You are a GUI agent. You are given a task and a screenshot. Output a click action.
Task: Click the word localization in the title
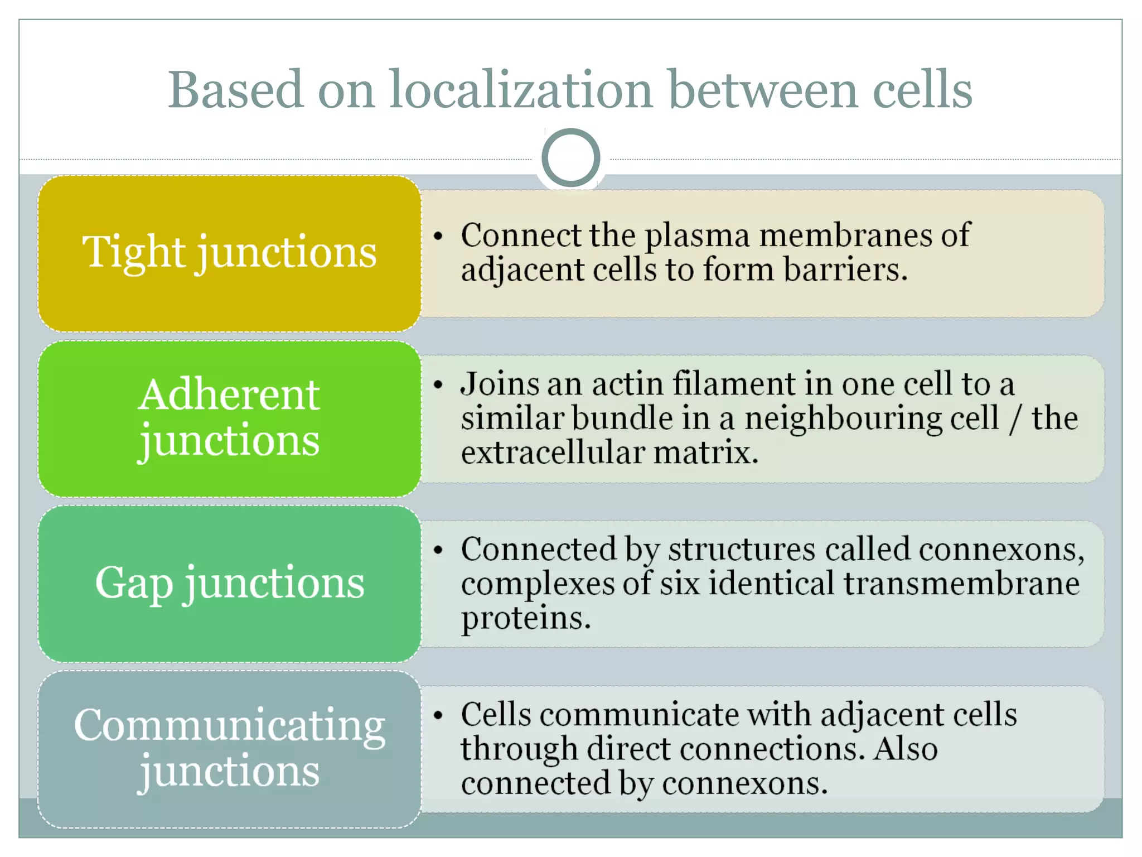click(521, 90)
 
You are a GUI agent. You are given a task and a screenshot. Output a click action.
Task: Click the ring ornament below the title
click(570, 158)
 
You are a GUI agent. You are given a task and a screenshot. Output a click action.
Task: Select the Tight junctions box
click(229, 254)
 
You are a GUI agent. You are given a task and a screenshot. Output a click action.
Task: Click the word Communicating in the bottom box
click(229, 725)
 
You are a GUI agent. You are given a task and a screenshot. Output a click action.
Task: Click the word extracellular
click(553, 452)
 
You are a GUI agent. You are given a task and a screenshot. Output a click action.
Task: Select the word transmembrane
click(961, 584)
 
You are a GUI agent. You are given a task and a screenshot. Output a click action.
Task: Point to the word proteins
click(525, 619)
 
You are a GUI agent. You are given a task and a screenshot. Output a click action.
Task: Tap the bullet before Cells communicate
click(438, 715)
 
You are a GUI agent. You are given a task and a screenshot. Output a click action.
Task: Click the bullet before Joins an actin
click(438, 385)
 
